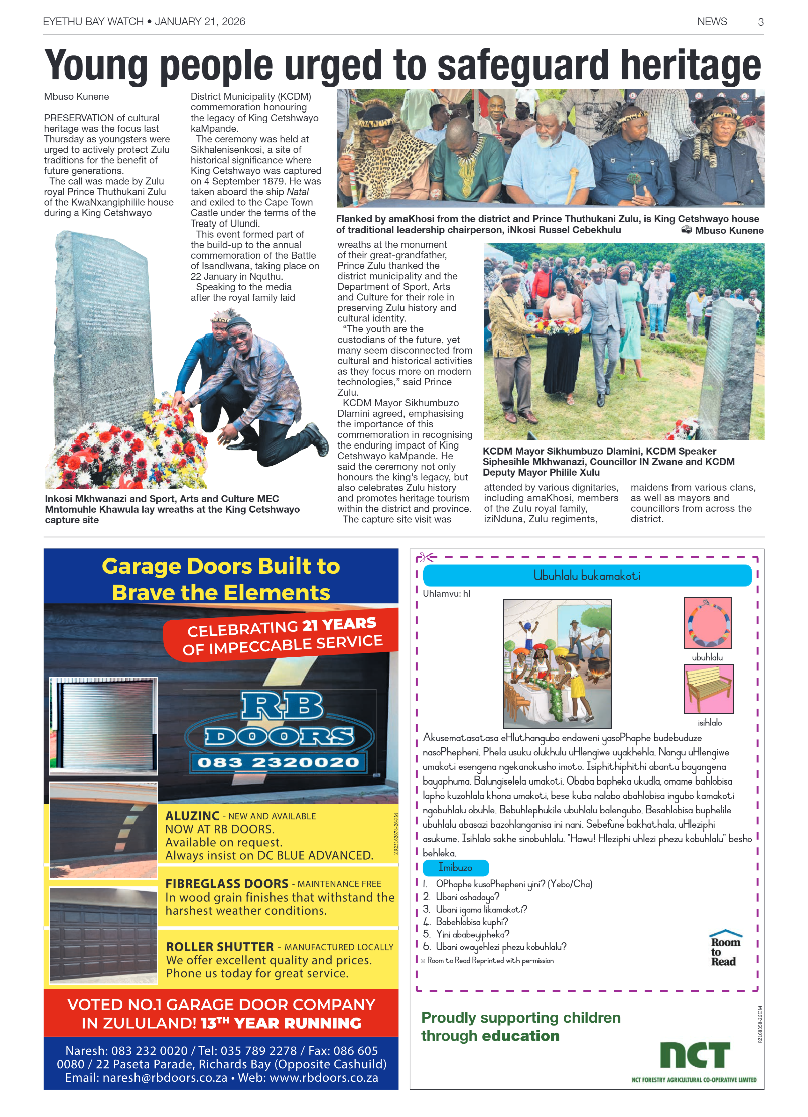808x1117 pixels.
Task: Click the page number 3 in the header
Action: (760, 22)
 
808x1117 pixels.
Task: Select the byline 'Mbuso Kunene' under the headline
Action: (76, 96)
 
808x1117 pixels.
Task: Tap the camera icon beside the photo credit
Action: (686, 230)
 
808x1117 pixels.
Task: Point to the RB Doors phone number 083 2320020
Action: (278, 763)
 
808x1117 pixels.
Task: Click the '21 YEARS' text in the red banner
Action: (339, 624)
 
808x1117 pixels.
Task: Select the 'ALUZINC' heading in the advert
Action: (192, 816)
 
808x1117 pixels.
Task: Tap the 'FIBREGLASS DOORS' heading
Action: (227, 883)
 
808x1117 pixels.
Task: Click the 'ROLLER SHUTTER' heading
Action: (220, 947)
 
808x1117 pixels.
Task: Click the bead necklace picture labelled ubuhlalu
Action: (707, 623)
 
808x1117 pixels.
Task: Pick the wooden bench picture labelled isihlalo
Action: (708, 689)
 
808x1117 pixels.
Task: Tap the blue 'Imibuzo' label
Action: (455, 867)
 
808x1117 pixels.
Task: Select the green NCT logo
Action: (695, 1054)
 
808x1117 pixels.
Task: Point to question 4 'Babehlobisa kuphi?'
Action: (471, 922)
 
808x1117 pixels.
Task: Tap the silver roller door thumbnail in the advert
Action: (103, 725)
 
